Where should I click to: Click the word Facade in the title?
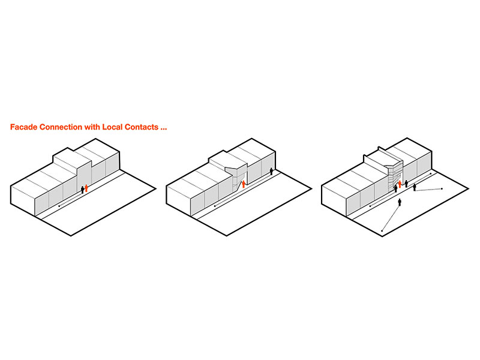point(23,127)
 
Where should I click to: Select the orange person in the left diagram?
point(86,188)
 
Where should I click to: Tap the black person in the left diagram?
point(82,190)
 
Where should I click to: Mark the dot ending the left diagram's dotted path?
point(59,206)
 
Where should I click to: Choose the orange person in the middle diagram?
point(244,184)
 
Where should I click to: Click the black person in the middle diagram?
point(271,171)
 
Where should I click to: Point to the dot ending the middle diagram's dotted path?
point(215,206)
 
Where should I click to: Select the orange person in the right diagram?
point(400,184)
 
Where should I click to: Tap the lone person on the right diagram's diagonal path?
point(400,202)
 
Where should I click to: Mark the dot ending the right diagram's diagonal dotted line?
point(382,230)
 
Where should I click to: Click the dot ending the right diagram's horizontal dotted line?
point(442,189)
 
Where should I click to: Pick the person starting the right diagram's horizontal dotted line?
point(415,187)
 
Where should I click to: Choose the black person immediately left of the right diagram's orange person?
point(395,188)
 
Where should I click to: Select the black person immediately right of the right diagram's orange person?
point(406,184)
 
